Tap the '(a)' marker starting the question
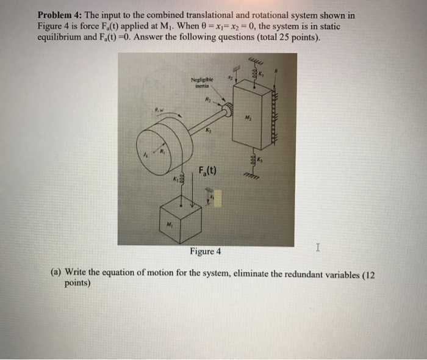tap(56, 274)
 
